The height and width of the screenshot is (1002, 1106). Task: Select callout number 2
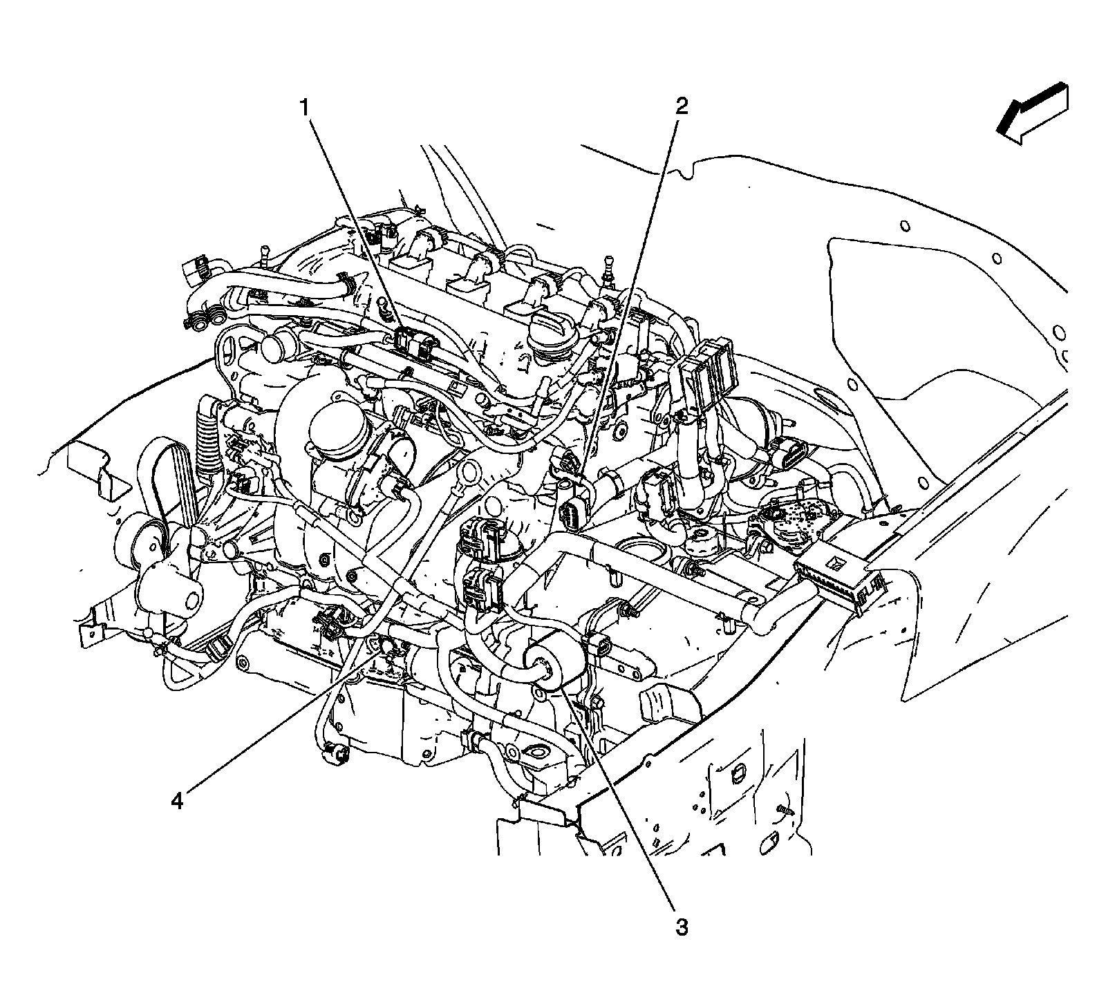682,106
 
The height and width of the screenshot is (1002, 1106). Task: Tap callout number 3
682,927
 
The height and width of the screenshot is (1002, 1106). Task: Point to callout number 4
178,801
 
